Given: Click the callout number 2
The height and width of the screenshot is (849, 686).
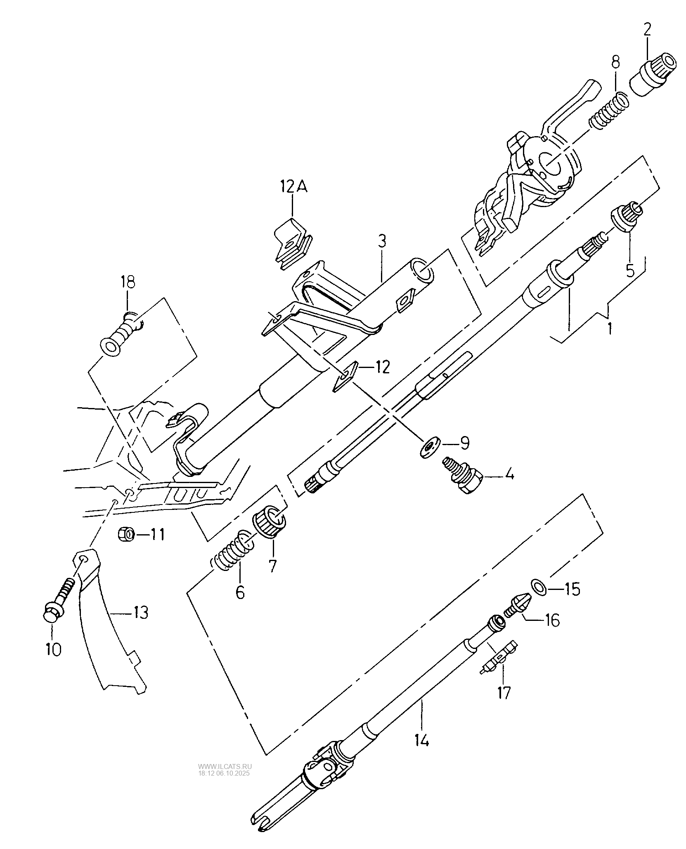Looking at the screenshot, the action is pyautogui.click(x=646, y=30).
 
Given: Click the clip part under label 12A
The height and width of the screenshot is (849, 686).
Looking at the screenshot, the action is pyautogui.click(x=293, y=244).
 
